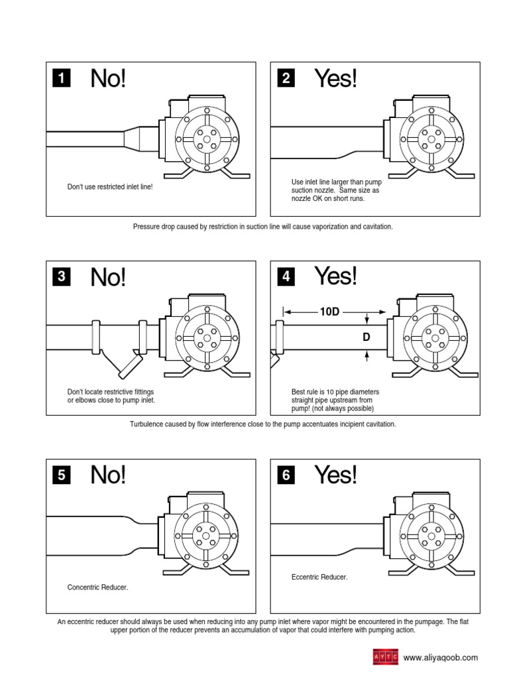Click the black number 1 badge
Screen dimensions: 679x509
click(61, 80)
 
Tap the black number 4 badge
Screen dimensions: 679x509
click(286, 277)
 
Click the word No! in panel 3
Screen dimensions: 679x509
click(107, 277)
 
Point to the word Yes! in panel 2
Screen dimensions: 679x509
click(335, 79)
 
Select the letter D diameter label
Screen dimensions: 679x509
click(366, 338)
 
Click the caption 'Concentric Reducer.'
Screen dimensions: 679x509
click(98, 587)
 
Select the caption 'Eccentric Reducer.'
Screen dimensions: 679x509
click(319, 577)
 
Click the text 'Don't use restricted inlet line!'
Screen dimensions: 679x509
click(110, 188)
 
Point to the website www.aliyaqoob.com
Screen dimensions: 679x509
click(440, 658)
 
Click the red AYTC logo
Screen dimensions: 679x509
click(386, 658)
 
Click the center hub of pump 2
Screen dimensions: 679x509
click(432, 140)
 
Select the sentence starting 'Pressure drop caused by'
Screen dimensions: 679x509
click(262, 227)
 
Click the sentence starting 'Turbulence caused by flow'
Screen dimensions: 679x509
click(262, 424)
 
